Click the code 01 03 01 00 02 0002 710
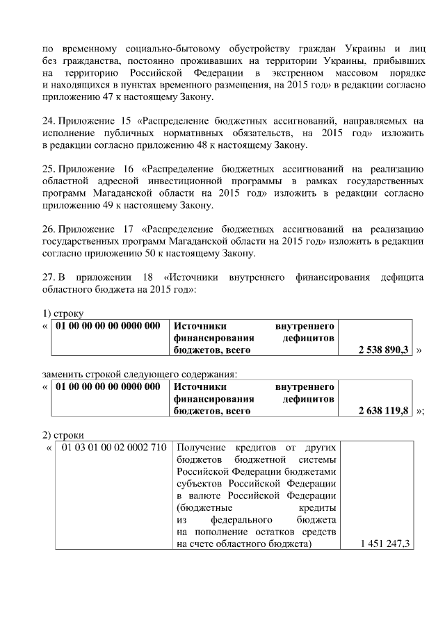(x=114, y=446)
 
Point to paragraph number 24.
(x=48, y=121)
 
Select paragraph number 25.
(x=48, y=169)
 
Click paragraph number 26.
(x=48, y=229)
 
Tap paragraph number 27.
(x=48, y=277)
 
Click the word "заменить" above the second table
(x=63, y=374)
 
